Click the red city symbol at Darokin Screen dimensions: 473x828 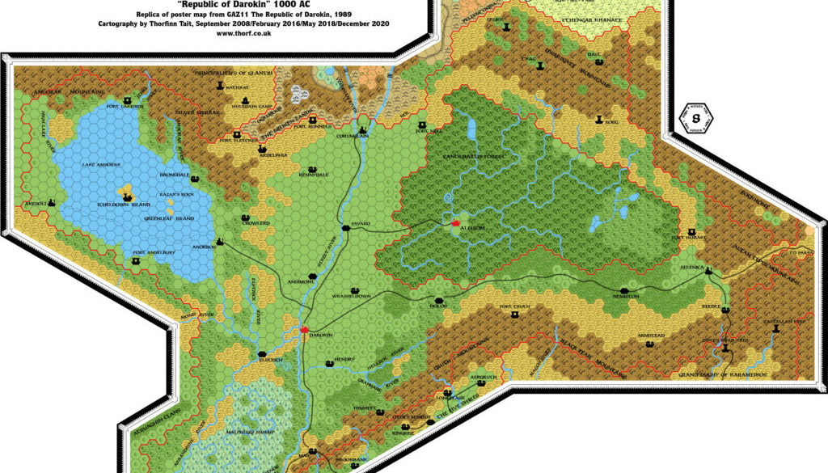click(304, 329)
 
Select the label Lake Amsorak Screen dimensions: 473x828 click(101, 164)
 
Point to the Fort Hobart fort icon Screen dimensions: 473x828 click(691, 231)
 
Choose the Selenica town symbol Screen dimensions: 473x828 click(709, 271)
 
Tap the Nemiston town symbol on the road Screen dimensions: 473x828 click(624, 290)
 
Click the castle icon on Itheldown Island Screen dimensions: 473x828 click(127, 196)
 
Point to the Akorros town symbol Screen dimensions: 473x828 click(220, 241)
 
